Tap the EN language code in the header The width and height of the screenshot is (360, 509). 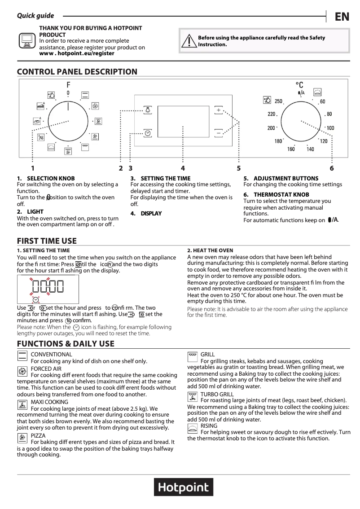pyautogui.click(x=342, y=17)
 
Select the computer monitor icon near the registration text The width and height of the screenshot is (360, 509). pyautogui.click(x=27, y=40)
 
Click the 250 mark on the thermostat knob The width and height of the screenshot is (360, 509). pyautogui.click(x=278, y=101)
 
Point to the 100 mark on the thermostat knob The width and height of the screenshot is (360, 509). pyautogui.click(x=330, y=128)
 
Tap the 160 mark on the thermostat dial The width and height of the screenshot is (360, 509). pyautogui.click(x=291, y=149)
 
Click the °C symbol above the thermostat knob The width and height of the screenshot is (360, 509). pyautogui.click(x=299, y=85)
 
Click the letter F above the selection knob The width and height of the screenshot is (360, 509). pyautogui.click(x=68, y=85)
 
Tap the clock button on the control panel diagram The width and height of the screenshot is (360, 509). pyautogui.click(x=148, y=133)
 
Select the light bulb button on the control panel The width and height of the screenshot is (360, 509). pyautogui.click(x=148, y=110)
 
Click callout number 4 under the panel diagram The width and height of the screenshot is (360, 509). pyautogui.click(x=183, y=168)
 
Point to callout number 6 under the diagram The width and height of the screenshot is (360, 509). pyautogui.click(x=332, y=168)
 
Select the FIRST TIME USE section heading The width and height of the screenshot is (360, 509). pyautogui.click(x=47, y=241)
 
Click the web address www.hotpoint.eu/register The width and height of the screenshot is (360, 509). pyautogui.click(x=77, y=53)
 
